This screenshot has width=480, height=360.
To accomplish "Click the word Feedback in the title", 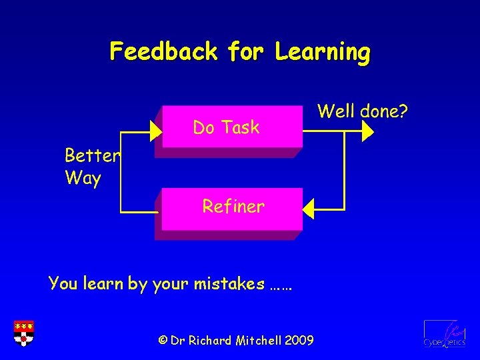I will point(164,51).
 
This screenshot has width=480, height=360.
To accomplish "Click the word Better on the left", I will point(92,156).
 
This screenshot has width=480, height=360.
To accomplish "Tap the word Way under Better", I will point(83,179).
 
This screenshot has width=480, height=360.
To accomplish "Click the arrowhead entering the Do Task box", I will point(156,132).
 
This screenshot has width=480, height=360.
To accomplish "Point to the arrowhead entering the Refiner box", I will point(309,209).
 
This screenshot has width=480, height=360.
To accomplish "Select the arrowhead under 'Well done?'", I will point(367,132).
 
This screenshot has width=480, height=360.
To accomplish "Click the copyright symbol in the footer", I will point(163,341).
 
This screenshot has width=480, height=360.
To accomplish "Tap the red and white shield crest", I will point(23,333).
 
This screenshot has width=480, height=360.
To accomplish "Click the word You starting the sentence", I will point(63,284).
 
